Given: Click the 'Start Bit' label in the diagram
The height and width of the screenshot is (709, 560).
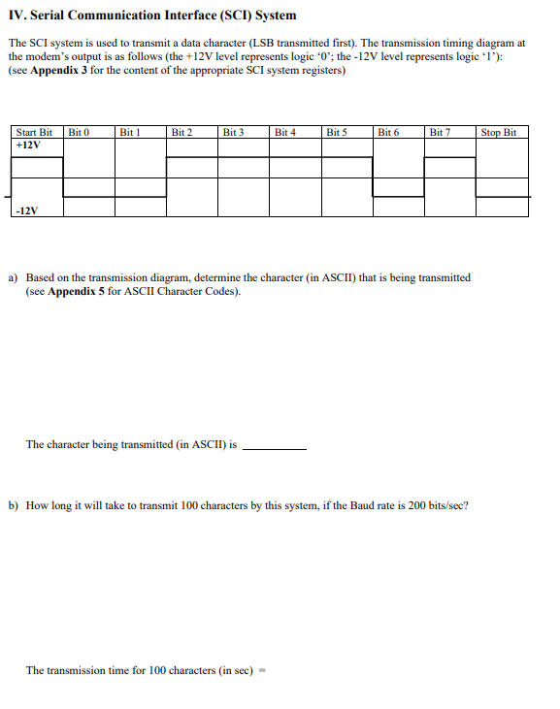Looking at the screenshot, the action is (x=33, y=132).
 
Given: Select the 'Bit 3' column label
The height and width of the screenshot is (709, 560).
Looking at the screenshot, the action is (x=233, y=132).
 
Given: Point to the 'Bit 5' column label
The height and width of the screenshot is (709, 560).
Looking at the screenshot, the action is (x=337, y=132).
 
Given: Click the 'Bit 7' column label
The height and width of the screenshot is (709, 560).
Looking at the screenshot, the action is (x=440, y=132).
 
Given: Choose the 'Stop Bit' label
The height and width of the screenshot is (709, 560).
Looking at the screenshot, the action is (x=499, y=132).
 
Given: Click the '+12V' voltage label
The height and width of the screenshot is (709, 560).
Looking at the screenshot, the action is (x=27, y=145).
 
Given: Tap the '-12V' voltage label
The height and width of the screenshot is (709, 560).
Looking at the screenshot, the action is (x=27, y=210).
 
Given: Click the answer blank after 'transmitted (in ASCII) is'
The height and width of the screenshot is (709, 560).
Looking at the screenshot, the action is (x=274, y=447).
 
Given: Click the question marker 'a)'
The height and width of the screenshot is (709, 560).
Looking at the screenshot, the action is (x=14, y=277).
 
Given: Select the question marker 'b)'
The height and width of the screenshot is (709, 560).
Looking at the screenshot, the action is (x=14, y=505).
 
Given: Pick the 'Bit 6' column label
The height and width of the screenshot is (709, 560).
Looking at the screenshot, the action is (x=388, y=132).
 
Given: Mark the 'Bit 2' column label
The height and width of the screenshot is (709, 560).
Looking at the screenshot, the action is (x=181, y=132).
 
